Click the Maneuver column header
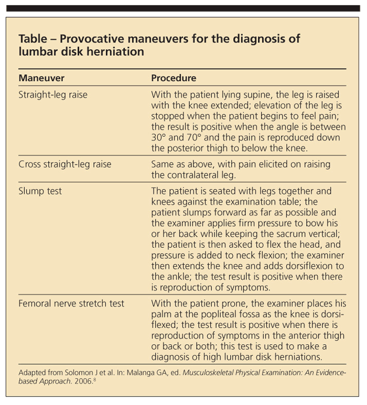click(x=41, y=78)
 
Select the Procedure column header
click(x=174, y=78)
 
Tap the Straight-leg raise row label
click(x=53, y=95)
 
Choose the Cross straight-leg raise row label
click(x=65, y=164)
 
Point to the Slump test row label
click(x=40, y=191)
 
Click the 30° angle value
click(x=159, y=137)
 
